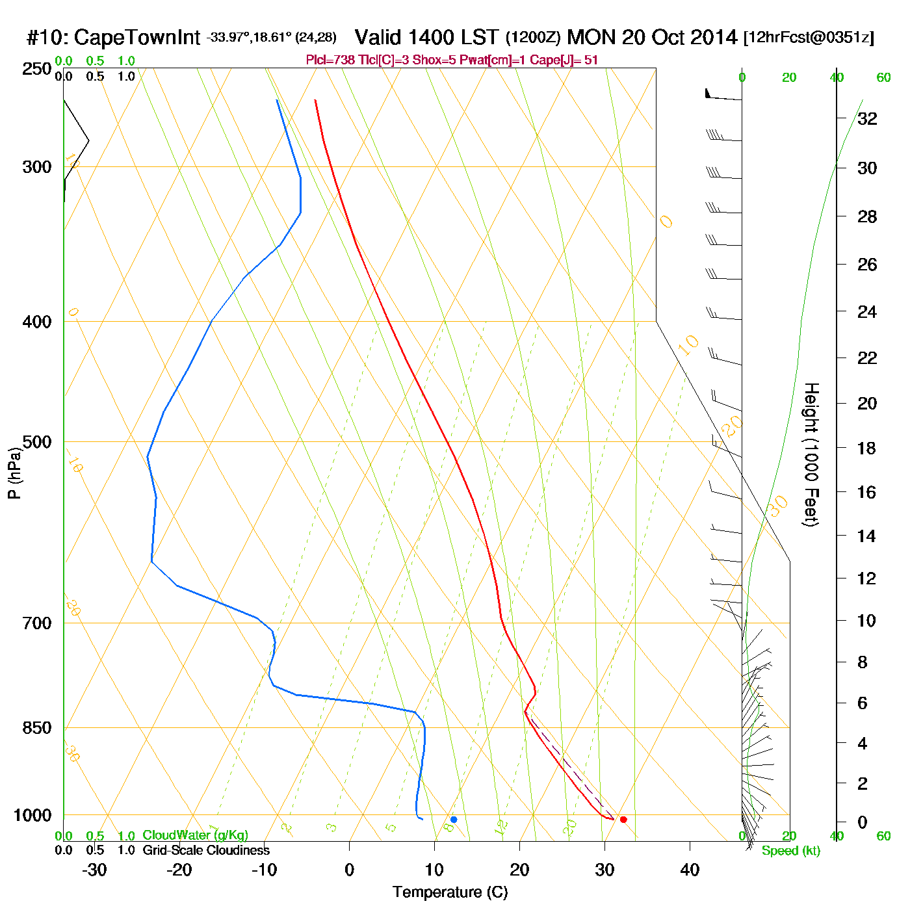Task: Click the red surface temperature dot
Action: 623,820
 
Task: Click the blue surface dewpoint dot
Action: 454,820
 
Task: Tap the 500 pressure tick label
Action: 37,442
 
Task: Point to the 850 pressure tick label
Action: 37,728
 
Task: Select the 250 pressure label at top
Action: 37,69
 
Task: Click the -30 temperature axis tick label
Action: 94,870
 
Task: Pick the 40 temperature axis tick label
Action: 690,870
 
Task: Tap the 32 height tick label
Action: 867,119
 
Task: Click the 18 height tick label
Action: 867,448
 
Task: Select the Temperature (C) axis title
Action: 450,892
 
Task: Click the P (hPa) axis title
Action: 14,473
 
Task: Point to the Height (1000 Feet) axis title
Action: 811,454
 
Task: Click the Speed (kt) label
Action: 791,851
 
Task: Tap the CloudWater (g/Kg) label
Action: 195,835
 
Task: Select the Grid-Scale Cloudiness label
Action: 206,850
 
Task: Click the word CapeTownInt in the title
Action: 136,38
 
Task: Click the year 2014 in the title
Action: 714,37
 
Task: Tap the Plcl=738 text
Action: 330,60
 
